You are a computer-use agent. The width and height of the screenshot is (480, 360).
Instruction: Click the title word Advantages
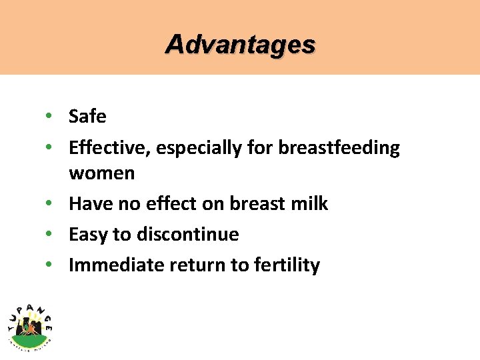[x=240, y=45]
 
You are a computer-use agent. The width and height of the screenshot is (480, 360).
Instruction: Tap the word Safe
[x=87, y=117]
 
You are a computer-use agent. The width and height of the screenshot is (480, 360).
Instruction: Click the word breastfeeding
[x=339, y=148]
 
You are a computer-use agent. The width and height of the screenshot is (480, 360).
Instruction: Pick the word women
[x=101, y=173]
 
